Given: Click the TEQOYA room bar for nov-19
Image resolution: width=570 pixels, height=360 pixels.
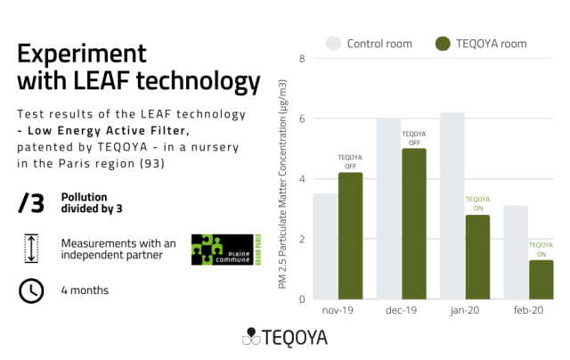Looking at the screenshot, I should tap(350, 236).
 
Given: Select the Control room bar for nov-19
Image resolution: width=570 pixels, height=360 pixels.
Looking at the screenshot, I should tap(325, 247).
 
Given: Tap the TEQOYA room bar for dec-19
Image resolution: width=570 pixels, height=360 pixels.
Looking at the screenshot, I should tap(414, 224).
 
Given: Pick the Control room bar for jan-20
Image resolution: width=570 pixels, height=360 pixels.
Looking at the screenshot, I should tap(452, 206).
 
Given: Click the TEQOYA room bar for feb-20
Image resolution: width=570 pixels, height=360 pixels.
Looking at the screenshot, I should tap(541, 280).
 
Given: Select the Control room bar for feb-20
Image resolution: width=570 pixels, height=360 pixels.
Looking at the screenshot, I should tap(516, 252).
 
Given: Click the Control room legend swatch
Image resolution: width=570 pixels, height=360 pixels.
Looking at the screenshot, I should tap(333, 43).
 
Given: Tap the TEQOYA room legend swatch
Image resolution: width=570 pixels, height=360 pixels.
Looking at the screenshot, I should tap(443, 43).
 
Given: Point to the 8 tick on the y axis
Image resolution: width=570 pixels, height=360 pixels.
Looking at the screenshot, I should tap(302, 59).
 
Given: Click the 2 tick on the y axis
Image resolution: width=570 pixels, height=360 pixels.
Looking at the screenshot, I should tap(302, 239).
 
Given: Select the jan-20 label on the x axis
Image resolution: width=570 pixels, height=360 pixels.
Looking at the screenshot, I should tap(464, 311).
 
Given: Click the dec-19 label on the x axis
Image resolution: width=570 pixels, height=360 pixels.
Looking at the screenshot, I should tap(401, 311).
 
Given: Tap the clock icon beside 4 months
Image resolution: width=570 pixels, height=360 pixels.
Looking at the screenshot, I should tap(30, 290).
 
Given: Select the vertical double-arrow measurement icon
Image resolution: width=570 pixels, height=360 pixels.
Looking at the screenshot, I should tap(30, 249).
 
